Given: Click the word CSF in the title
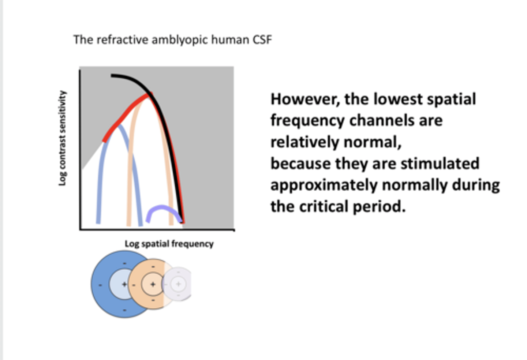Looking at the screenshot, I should coord(262,40).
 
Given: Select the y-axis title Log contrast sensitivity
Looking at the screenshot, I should coord(63,138).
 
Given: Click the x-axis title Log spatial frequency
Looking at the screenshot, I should coord(169,244).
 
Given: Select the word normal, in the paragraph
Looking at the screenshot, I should coord(372,142).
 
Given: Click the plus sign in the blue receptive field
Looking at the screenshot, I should coord(124,284).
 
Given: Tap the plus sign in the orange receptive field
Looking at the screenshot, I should coord(153,284).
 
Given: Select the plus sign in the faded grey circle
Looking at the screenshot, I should coord(178,284).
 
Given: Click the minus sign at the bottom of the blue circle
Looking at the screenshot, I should coord(124,310).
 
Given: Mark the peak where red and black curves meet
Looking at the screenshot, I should coord(149,95).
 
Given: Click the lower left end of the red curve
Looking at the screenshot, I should coord(104,140).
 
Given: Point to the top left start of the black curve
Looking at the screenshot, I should coord(112,76).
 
